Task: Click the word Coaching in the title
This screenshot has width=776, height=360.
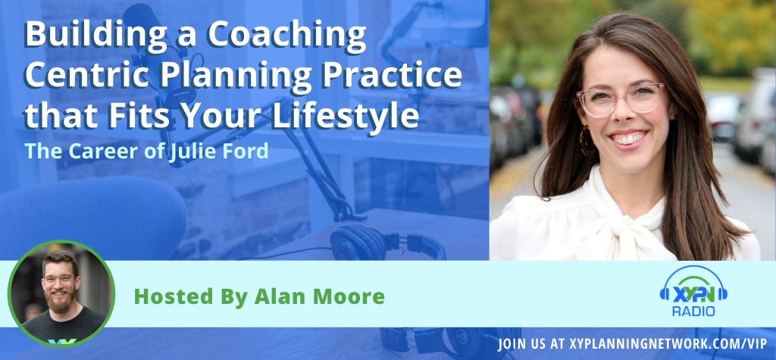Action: pos(287,36)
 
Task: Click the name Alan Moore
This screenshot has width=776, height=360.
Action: pos(319,296)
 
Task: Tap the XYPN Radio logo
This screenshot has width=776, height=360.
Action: pos(693,293)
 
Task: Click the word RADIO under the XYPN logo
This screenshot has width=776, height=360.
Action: pos(693,311)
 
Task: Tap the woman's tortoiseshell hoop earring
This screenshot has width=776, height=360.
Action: pos(587,140)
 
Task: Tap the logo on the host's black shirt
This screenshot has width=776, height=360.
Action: pos(62,341)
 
